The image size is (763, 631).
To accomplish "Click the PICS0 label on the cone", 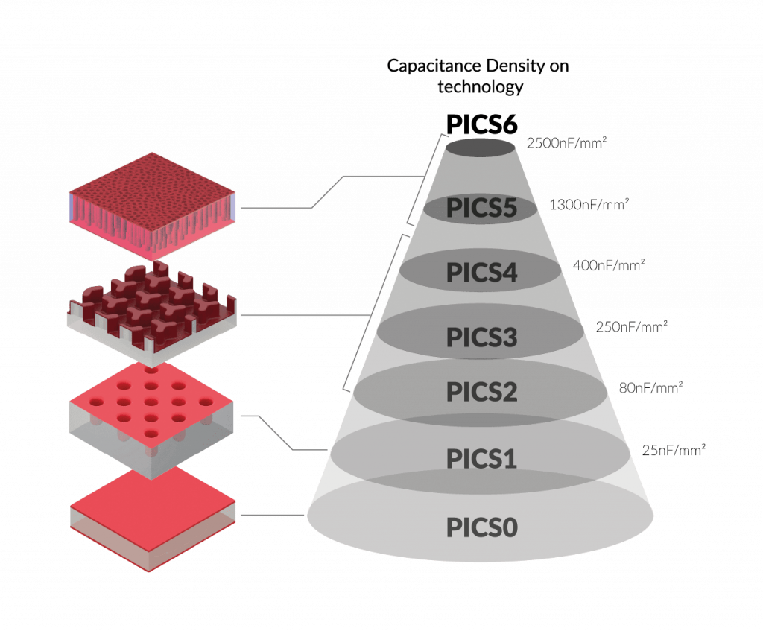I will click(481, 527).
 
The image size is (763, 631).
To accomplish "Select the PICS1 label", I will click(481, 458).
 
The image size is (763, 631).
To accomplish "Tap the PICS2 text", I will click(481, 391).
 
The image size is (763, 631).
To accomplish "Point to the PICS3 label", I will click(481, 337).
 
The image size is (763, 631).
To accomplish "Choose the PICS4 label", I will click(481, 273).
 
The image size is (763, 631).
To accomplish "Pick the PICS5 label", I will click(481, 209).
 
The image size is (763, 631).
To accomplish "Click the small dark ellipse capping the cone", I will click(481, 148).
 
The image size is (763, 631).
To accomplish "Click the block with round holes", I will click(153, 417).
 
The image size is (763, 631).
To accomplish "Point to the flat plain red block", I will click(153, 518).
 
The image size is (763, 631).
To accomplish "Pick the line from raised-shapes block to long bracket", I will click(305, 315).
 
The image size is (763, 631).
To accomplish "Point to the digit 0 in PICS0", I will click(510, 527).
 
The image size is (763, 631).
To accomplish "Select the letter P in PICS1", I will click(453, 458).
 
